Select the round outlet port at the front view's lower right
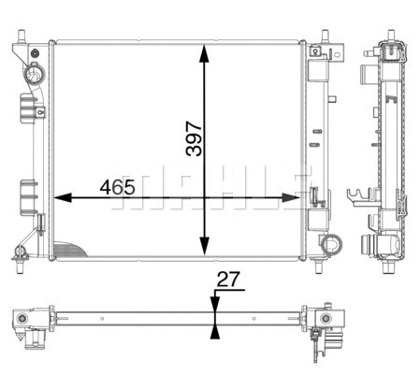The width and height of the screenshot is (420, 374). tap(329, 244)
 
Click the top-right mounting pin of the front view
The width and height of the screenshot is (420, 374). tap(324, 38)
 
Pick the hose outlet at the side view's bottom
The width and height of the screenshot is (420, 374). tap(384, 247)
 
